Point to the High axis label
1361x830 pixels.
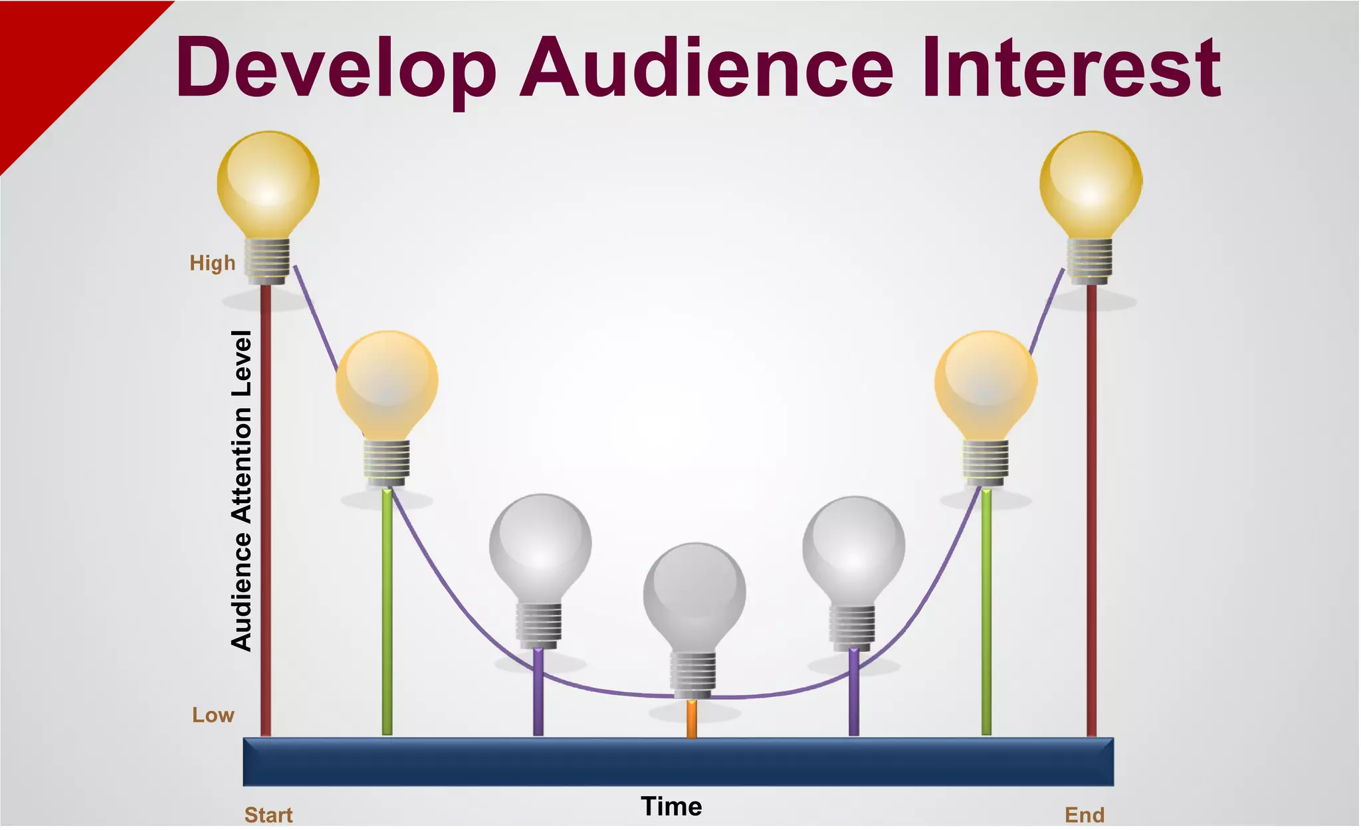coord(213,263)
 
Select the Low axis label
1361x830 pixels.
coord(213,715)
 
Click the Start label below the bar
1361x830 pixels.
coord(268,815)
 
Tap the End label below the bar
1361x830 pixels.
coord(1085,815)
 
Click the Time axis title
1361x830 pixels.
coord(671,807)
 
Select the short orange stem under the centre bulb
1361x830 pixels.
coord(692,719)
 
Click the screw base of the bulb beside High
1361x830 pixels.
coord(267,260)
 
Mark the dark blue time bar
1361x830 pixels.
coord(678,762)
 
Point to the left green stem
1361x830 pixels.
coord(387,611)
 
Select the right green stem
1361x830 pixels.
coord(986,611)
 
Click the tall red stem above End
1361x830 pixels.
coord(1091,512)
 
